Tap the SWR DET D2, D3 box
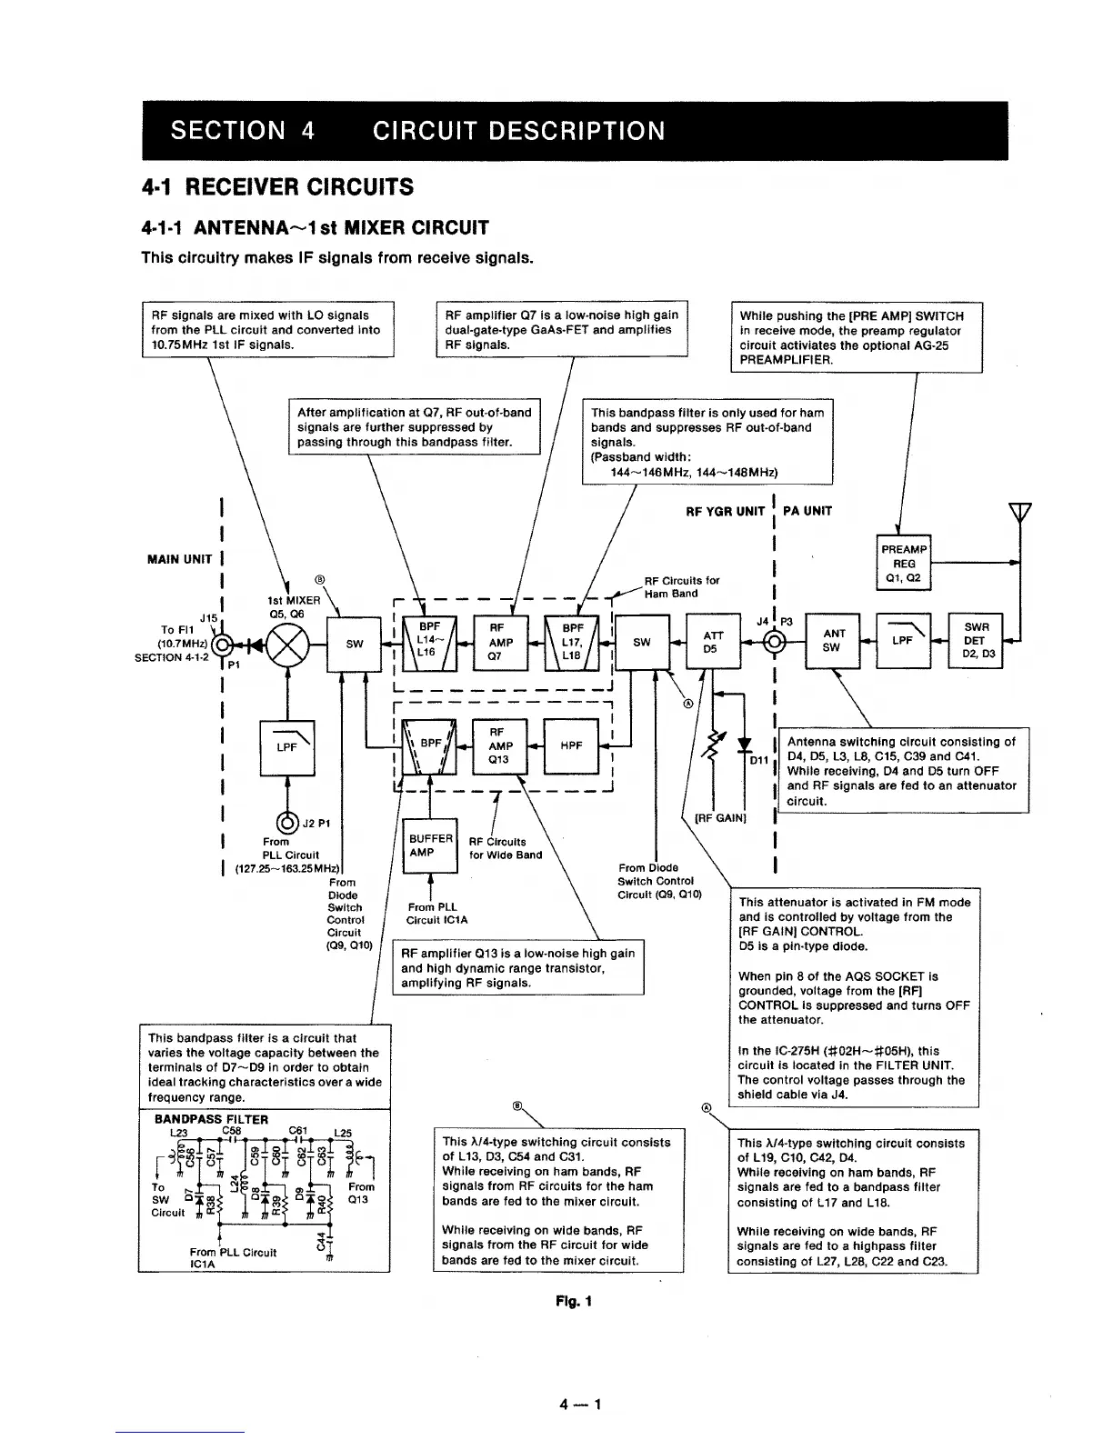pyautogui.click(x=975, y=640)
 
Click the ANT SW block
pyautogui.click(x=833, y=640)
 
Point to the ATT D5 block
pyautogui.click(x=714, y=642)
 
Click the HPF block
pyautogui.click(x=571, y=745)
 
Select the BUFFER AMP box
pyautogui.click(x=429, y=845)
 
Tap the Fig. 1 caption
pyautogui.click(x=574, y=1301)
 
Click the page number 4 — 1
pyautogui.click(x=582, y=1404)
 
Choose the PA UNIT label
pyautogui.click(x=807, y=511)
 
